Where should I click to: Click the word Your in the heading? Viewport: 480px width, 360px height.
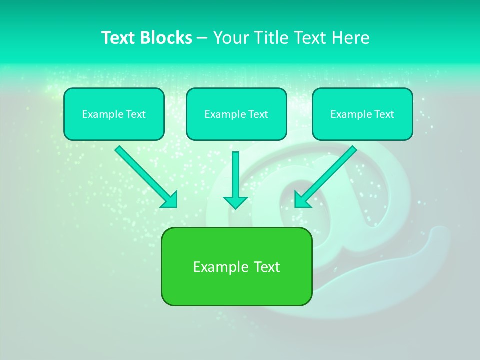tap(229, 38)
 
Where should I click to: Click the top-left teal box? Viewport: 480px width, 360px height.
tap(114, 114)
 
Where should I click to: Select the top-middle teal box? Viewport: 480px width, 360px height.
tap(236, 114)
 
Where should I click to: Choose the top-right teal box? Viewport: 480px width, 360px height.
tap(362, 114)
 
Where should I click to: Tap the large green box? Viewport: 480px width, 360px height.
tap(236, 266)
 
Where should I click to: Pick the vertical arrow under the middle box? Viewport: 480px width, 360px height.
tap(235, 175)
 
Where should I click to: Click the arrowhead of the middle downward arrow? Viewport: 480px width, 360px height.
tap(235, 202)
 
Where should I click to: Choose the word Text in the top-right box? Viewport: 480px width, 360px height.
tap(384, 114)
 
